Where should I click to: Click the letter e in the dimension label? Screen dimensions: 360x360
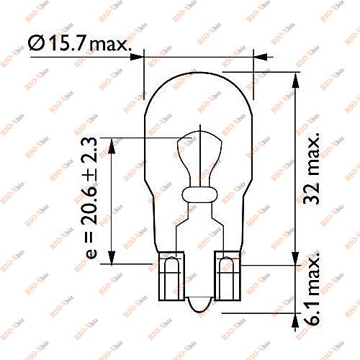[x=90, y=256]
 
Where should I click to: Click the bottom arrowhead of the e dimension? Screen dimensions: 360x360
[x=112, y=258]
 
